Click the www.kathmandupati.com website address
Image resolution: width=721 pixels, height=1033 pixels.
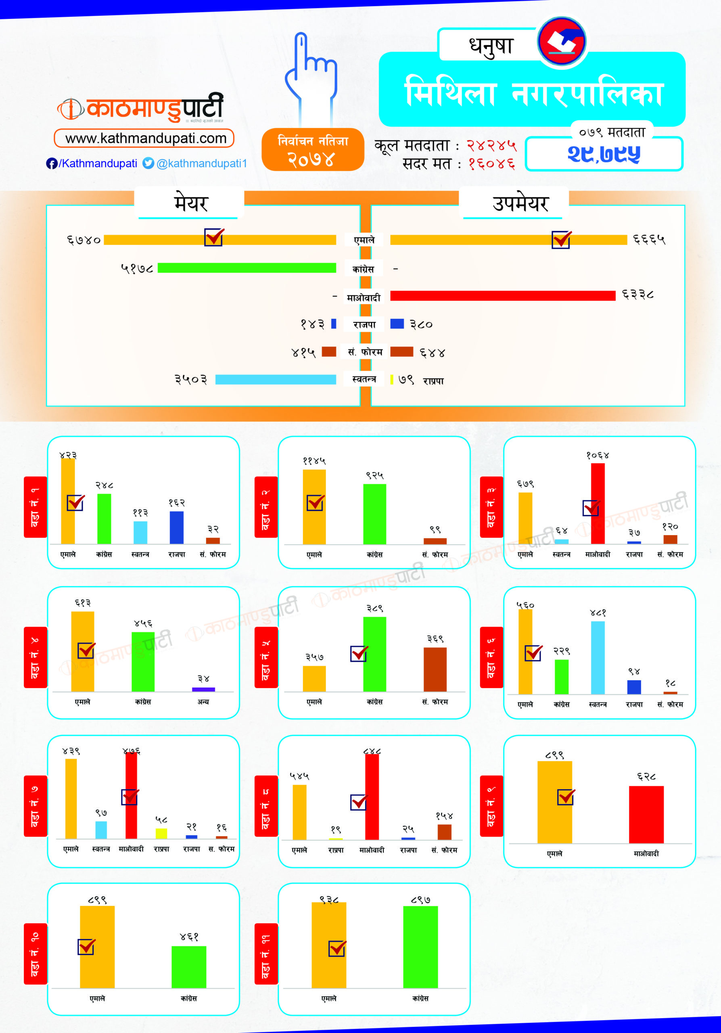[x=145, y=138]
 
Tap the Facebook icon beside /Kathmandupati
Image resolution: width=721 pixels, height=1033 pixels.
[x=51, y=163]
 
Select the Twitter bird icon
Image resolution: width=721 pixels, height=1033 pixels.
[x=148, y=163]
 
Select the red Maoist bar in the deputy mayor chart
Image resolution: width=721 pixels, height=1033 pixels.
[x=502, y=296]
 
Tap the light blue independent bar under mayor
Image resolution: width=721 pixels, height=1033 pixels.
[x=275, y=379]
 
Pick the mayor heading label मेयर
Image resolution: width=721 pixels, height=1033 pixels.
[x=191, y=203]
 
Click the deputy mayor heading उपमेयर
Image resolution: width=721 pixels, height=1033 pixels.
[x=520, y=203]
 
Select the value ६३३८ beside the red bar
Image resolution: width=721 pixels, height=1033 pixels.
[x=638, y=295]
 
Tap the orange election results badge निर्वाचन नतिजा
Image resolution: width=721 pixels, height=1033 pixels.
[x=313, y=150]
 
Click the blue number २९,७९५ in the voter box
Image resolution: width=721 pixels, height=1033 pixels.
[x=604, y=154]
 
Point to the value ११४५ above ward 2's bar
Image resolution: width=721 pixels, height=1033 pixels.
[x=314, y=461]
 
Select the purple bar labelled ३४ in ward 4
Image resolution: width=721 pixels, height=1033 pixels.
[x=203, y=689]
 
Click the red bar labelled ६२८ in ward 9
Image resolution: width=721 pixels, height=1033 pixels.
[x=646, y=814]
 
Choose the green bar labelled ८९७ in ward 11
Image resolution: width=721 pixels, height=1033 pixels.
[x=420, y=947]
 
